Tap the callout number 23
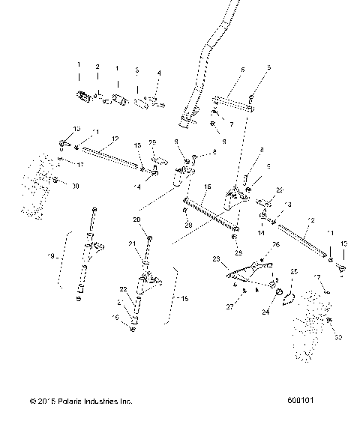point(217,258)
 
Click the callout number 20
point(137,220)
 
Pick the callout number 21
point(132,243)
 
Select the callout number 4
point(159,73)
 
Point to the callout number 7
point(231,123)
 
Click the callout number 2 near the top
point(97,67)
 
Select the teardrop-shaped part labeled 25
point(289,299)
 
